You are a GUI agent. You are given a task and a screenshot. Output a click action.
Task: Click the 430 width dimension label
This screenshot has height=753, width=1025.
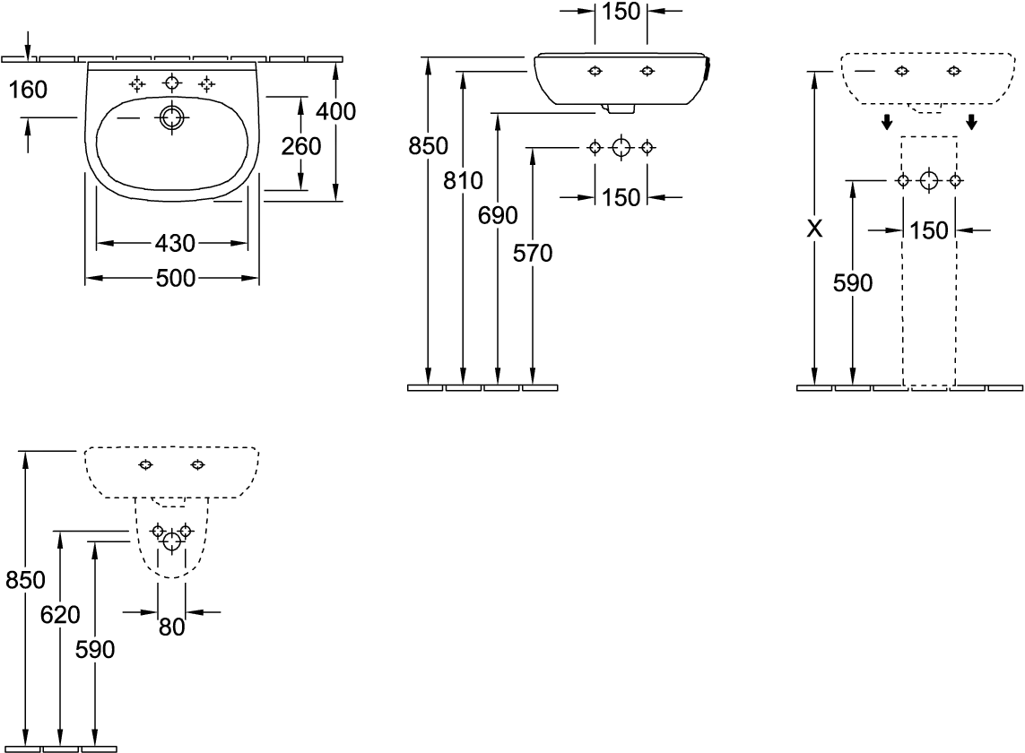coord(175,244)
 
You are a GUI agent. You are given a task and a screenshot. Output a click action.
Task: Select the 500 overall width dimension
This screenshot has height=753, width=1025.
coord(176,279)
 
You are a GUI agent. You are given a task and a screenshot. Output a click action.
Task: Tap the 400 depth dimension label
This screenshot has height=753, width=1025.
coord(336,112)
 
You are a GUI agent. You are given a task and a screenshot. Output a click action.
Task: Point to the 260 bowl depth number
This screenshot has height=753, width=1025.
coord(301,146)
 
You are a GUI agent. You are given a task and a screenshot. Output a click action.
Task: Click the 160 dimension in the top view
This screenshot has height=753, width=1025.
coord(28,90)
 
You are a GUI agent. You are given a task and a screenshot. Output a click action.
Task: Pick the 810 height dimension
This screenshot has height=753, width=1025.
coord(463,180)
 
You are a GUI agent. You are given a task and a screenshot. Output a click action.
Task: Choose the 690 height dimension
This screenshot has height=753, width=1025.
coord(498,215)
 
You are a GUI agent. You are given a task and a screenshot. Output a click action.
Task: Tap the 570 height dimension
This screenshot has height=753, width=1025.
coord(533,253)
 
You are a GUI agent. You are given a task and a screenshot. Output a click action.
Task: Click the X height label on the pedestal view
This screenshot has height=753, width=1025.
coord(814,229)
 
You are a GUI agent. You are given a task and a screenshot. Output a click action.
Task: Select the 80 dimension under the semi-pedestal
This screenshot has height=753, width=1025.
coord(172,627)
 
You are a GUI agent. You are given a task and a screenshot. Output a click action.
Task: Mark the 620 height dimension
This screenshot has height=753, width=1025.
coord(60,614)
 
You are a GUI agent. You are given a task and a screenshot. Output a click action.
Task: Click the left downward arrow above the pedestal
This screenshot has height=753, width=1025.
coord(887,122)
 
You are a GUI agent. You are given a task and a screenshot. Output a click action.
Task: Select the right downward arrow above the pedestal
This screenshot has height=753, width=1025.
coord(971,122)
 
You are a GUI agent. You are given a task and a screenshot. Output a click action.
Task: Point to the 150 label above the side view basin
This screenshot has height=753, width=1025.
coord(621,11)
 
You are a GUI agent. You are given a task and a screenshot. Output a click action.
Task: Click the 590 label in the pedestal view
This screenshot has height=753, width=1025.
coord(853,283)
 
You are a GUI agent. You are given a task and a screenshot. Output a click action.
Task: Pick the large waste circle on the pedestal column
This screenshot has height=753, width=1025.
coord(929,180)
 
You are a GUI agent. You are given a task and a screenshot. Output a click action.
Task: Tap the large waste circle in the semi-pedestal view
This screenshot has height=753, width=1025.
coord(172,541)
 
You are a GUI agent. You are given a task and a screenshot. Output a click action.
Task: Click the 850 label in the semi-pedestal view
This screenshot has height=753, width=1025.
coord(25,580)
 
